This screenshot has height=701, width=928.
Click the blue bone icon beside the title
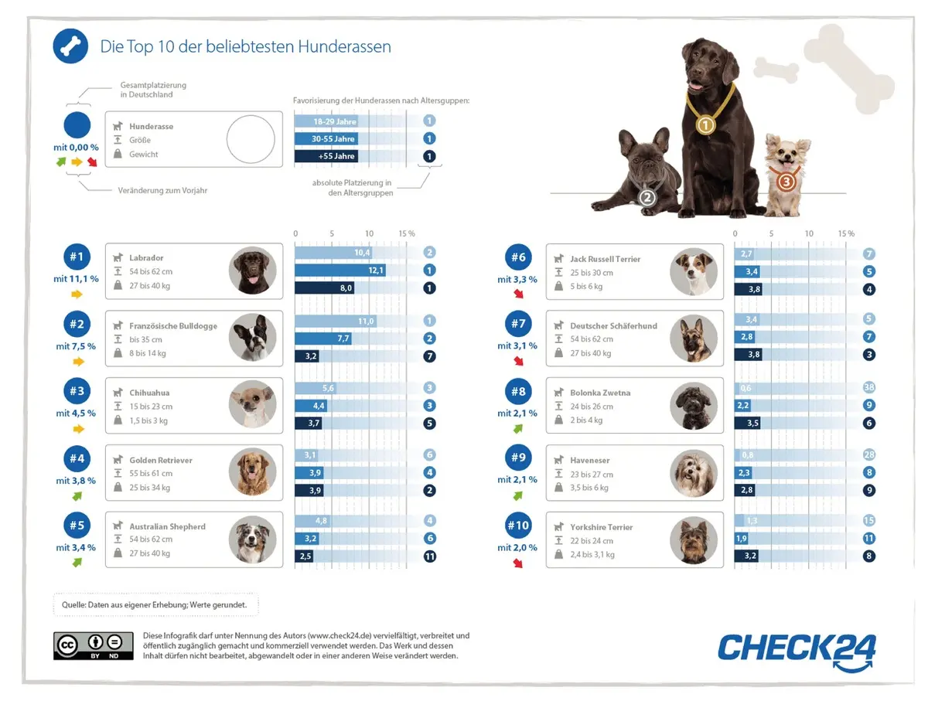[x=70, y=46]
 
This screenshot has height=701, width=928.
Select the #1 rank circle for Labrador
[x=77, y=257]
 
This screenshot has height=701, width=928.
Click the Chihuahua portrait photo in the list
[x=252, y=404]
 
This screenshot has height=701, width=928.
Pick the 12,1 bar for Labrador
[x=340, y=271]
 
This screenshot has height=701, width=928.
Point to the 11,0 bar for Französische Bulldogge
[x=335, y=321]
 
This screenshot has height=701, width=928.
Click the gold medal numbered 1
[x=705, y=124]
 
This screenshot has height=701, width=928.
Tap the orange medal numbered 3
[x=786, y=182]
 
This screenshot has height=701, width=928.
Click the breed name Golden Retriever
[x=161, y=460]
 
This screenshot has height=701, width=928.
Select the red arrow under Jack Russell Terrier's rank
[x=517, y=294]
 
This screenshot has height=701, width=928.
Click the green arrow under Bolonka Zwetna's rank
[x=517, y=427]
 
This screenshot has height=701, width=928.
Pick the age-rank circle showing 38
[x=869, y=388]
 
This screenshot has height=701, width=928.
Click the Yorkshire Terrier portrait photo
[x=694, y=539]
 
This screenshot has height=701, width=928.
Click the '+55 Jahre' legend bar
[x=326, y=156]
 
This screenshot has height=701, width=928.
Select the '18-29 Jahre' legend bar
[x=326, y=121]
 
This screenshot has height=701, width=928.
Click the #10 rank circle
[x=518, y=526]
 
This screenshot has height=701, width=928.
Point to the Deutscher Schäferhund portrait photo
[x=694, y=339]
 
